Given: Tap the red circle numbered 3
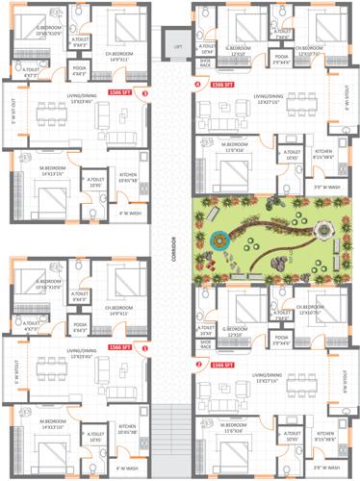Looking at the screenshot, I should [144, 94].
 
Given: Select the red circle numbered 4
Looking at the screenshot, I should [197, 85].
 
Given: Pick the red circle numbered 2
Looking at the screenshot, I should [197, 366].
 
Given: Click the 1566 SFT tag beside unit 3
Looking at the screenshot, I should [123, 94].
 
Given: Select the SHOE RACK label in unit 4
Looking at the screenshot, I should [205, 63].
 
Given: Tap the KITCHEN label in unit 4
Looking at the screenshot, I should [323, 152].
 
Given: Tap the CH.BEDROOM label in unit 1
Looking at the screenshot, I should [126, 311].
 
